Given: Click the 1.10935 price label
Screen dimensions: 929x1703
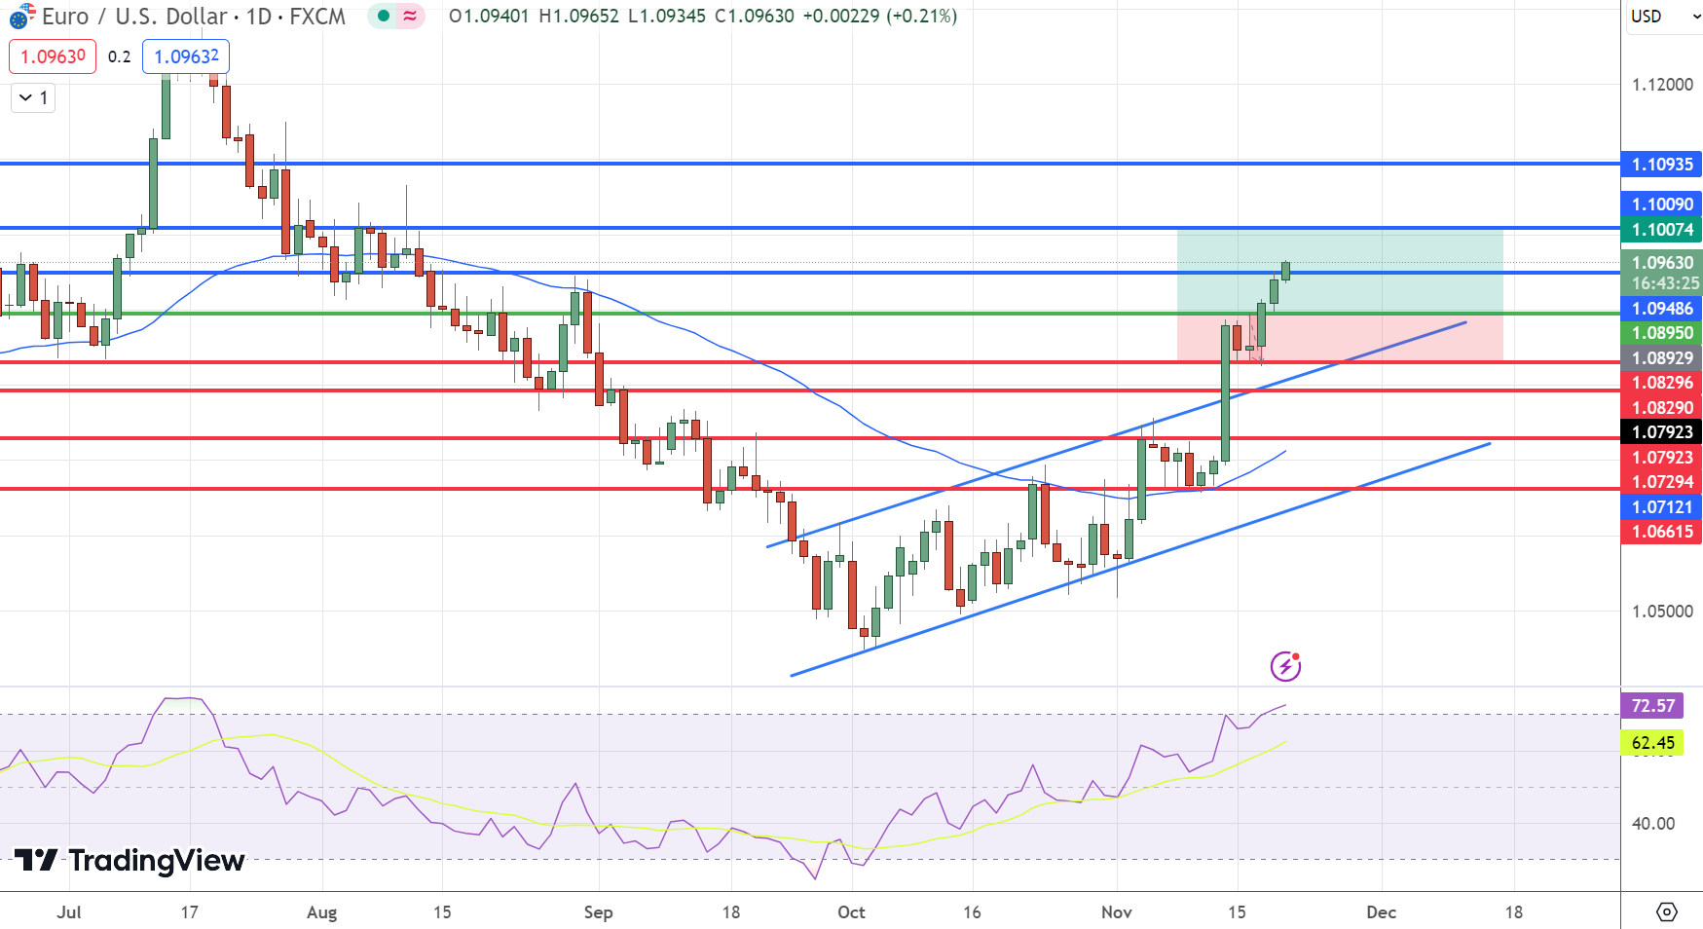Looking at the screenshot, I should point(1662,165).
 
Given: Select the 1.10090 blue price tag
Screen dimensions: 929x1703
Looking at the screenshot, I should point(1662,204).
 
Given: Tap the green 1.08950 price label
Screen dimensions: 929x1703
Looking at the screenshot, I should point(1662,333).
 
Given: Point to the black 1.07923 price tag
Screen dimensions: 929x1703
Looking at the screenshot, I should point(1662,432).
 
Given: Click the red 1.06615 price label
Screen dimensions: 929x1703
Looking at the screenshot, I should point(1662,532).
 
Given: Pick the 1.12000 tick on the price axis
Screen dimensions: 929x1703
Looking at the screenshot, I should point(1662,85).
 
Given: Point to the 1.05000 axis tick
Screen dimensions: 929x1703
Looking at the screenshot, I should point(1662,612).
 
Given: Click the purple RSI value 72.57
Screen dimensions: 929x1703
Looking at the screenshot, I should point(1652,706).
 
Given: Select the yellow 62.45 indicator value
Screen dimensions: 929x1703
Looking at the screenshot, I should point(1652,743).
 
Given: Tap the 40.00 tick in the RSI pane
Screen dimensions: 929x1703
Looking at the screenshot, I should point(1652,824).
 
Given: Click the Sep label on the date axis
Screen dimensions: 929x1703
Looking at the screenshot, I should point(598,912).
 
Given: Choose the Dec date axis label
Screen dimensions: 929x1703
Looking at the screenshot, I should point(1381,912).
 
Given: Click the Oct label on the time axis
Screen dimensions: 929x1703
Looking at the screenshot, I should point(851,912).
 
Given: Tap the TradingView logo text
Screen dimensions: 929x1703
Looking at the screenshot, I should point(156,861).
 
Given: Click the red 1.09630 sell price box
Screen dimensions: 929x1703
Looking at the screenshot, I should point(53,56).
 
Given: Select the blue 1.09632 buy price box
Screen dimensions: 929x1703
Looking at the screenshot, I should point(186,56).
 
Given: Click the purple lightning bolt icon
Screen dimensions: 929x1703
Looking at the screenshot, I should point(1285,667).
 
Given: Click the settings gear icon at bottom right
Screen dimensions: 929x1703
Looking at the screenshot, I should point(1666,912).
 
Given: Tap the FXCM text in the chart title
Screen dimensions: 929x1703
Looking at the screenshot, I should point(317,17).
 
